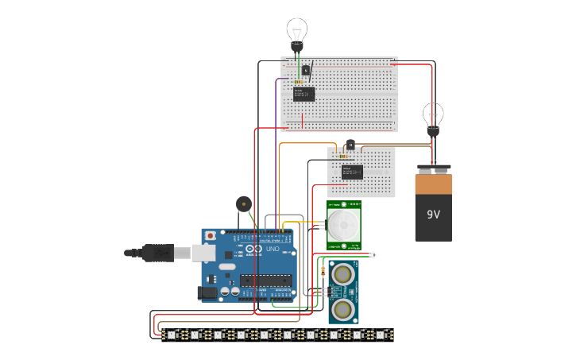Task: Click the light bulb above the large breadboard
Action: point(296,33)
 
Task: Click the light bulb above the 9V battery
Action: point(433,115)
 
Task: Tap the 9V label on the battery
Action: point(433,215)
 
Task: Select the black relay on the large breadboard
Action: point(303,95)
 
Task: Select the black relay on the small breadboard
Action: point(352,171)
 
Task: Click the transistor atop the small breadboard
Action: point(350,145)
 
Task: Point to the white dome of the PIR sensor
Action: point(343,226)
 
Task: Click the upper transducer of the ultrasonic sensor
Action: point(343,274)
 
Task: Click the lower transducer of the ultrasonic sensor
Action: point(343,308)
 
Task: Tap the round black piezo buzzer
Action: point(242,203)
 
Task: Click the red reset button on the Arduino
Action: point(210,236)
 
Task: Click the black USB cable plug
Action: point(158,254)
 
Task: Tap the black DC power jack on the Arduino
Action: point(207,292)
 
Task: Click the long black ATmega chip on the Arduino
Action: point(265,280)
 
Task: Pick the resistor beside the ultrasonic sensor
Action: point(323,273)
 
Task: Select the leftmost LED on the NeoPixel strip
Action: point(172,335)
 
